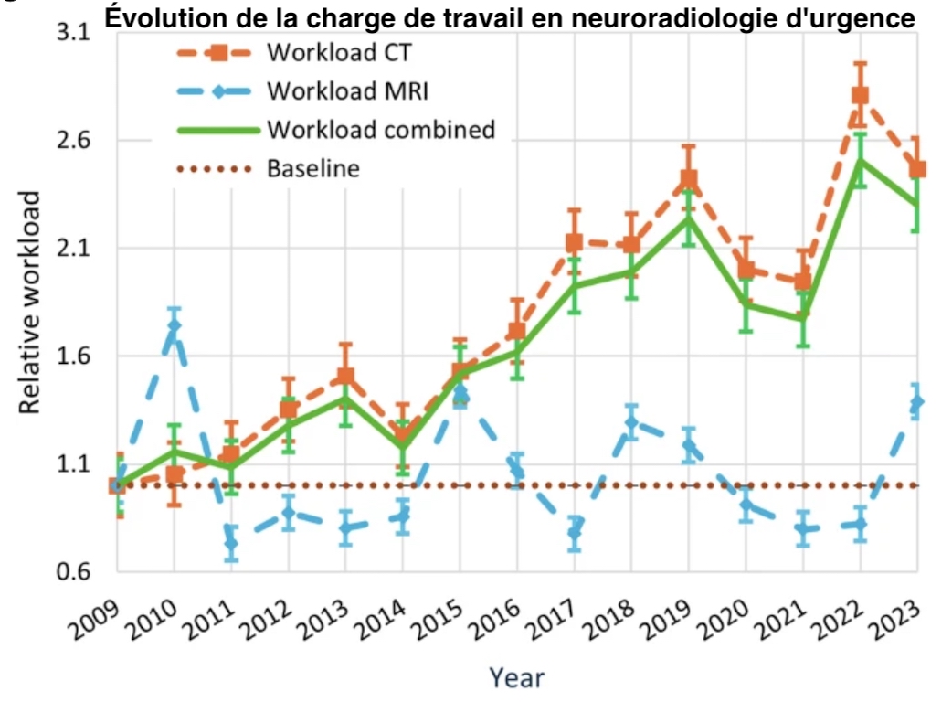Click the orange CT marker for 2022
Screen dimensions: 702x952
(x=860, y=95)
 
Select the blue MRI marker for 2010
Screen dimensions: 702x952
(x=174, y=325)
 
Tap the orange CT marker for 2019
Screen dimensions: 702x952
(x=689, y=179)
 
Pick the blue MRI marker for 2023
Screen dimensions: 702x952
(x=916, y=402)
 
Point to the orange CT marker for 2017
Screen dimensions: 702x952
(x=575, y=242)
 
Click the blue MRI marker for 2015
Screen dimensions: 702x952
(x=460, y=394)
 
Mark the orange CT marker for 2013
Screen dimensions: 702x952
(x=345, y=376)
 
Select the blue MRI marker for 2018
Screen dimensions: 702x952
(x=631, y=422)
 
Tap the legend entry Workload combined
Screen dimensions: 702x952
(x=380, y=129)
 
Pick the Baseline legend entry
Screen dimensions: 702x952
(x=313, y=168)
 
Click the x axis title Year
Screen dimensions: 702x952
(x=516, y=677)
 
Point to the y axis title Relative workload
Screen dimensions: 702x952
(x=31, y=302)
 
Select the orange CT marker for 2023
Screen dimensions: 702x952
(x=916, y=169)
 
